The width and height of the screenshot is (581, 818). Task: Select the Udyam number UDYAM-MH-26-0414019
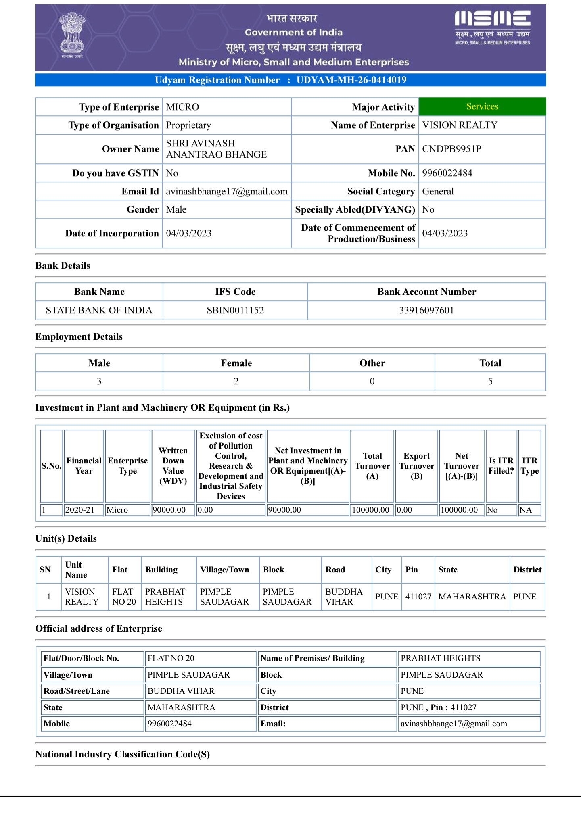(x=351, y=80)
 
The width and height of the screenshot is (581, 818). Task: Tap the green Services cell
(x=482, y=106)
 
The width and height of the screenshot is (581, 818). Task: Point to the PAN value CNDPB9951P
(x=451, y=149)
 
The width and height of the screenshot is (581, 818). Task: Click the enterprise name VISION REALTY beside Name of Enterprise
(x=460, y=125)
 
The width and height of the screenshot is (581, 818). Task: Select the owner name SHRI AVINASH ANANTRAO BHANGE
(x=216, y=149)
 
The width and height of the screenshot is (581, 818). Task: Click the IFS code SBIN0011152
(x=235, y=310)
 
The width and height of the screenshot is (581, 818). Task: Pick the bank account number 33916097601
(x=426, y=310)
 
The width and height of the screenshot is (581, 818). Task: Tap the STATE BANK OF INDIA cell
(x=99, y=310)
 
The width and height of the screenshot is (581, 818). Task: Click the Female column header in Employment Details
(x=236, y=363)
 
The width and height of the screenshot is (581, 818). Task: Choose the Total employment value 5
(x=490, y=381)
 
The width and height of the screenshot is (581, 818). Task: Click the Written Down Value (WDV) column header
(x=173, y=465)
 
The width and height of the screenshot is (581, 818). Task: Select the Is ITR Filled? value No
(x=492, y=510)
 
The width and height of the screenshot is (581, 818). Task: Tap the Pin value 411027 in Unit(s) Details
(x=418, y=597)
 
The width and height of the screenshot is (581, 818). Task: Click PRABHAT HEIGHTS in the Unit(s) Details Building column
(x=165, y=597)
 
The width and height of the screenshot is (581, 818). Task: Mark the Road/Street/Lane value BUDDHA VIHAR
(x=181, y=691)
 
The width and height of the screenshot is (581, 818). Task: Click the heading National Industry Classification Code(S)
(x=122, y=754)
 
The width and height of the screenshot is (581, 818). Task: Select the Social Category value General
(x=438, y=191)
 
